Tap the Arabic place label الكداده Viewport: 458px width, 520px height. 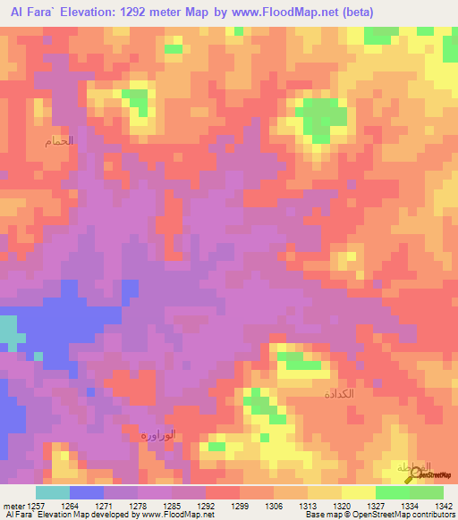[x=339, y=393]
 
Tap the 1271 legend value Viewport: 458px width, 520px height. [x=103, y=506]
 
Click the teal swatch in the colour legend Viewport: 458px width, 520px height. [x=52, y=492]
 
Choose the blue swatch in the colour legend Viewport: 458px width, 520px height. [x=86, y=492]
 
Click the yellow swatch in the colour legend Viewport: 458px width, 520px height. [x=358, y=492]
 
